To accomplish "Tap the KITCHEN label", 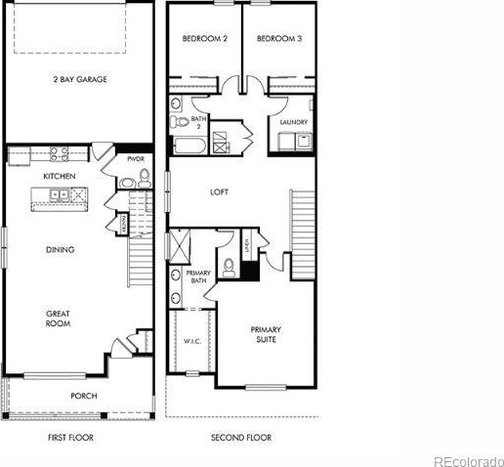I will tap(60, 176).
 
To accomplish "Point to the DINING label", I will tap(60, 249).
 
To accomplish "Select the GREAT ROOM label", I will tap(58, 319).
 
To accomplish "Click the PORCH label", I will tap(83, 396).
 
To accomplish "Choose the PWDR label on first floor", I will tap(136, 157).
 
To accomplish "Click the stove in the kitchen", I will tap(59, 152).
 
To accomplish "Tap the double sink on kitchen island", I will tap(60, 195).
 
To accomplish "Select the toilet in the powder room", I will tap(145, 177).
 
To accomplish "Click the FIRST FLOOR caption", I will tap(70, 438).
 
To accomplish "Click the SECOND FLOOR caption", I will tap(241, 438).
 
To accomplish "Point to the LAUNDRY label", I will tap(293, 122).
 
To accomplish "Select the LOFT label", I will tap(220, 192).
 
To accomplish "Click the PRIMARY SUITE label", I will tap(266, 335).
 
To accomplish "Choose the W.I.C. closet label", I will tap(191, 342).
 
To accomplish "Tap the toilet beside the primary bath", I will tap(228, 265).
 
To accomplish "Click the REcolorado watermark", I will tap(469, 459).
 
